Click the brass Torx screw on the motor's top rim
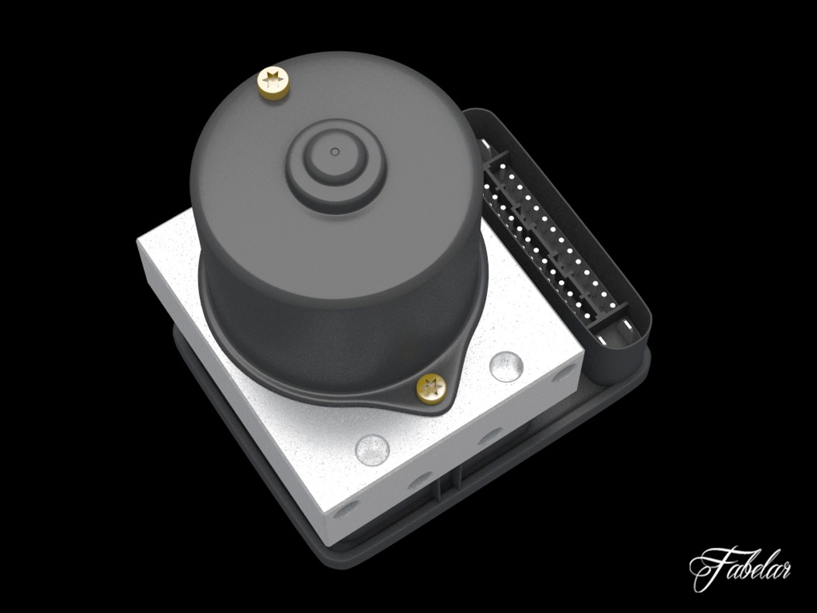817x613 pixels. coord(275,85)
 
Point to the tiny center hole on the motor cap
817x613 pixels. coord(334,152)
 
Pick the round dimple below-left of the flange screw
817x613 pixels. coord(373,450)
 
